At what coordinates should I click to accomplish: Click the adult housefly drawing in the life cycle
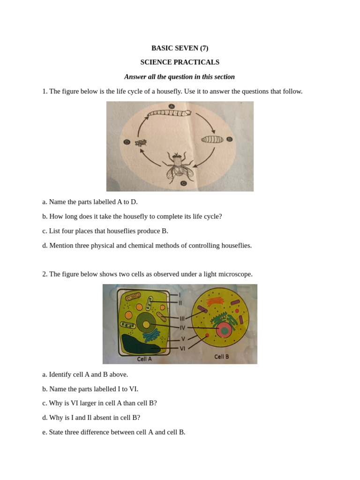[x=177, y=167]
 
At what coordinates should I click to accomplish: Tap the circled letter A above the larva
[x=172, y=106]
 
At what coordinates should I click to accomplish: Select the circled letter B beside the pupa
[x=229, y=139]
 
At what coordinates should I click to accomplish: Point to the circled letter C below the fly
[x=183, y=183]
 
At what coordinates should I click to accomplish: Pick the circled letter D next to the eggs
[x=127, y=142]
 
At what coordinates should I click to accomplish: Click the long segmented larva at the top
[x=169, y=113]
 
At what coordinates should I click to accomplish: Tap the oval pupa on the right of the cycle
[x=212, y=139]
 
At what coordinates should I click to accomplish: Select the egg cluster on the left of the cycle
[x=141, y=142]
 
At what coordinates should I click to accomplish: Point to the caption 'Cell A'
[x=144, y=359]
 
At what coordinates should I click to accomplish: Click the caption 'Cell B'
[x=222, y=357]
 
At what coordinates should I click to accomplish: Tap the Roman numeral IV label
[x=182, y=328]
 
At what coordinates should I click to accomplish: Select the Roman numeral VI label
[x=182, y=348]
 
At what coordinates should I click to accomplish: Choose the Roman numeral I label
[x=180, y=295]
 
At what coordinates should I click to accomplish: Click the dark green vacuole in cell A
[x=140, y=345]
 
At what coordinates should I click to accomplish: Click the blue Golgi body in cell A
[x=151, y=335]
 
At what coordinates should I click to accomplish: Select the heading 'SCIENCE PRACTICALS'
[x=180, y=62]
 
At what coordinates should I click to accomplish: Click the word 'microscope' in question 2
[x=237, y=274]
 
